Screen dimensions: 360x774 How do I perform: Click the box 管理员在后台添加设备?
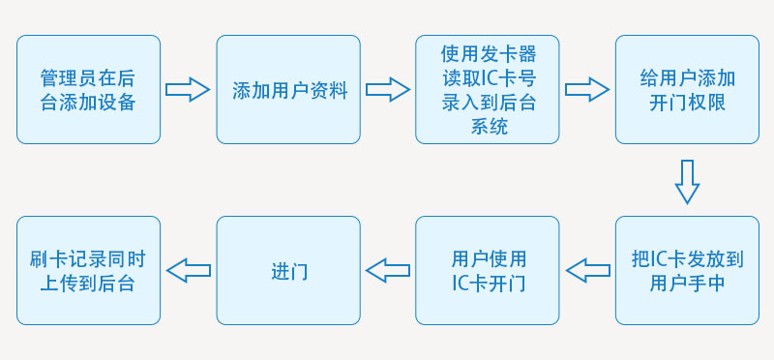coord(88,89)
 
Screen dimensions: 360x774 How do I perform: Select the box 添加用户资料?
coord(287,89)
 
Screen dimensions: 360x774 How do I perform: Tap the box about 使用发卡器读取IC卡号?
coord(488,89)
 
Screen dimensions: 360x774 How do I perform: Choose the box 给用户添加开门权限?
coord(687,89)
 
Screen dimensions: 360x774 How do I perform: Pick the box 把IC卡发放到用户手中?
coord(687,270)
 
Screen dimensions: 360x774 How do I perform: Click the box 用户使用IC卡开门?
coord(488,270)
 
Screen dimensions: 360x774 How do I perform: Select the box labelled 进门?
coord(287,270)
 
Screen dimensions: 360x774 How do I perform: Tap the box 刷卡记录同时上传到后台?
coord(88,270)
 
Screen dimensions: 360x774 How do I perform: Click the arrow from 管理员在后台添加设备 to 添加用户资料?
coord(188,90)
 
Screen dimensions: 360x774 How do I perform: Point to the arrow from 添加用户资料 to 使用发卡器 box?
coord(387,90)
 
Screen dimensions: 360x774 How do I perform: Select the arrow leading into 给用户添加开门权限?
coord(587,90)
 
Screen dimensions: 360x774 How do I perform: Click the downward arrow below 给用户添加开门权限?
coord(687,181)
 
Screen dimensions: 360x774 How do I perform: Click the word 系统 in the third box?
coord(489,127)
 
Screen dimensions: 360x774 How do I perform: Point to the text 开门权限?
coord(687,103)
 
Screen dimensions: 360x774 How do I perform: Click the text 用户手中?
coord(687,284)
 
